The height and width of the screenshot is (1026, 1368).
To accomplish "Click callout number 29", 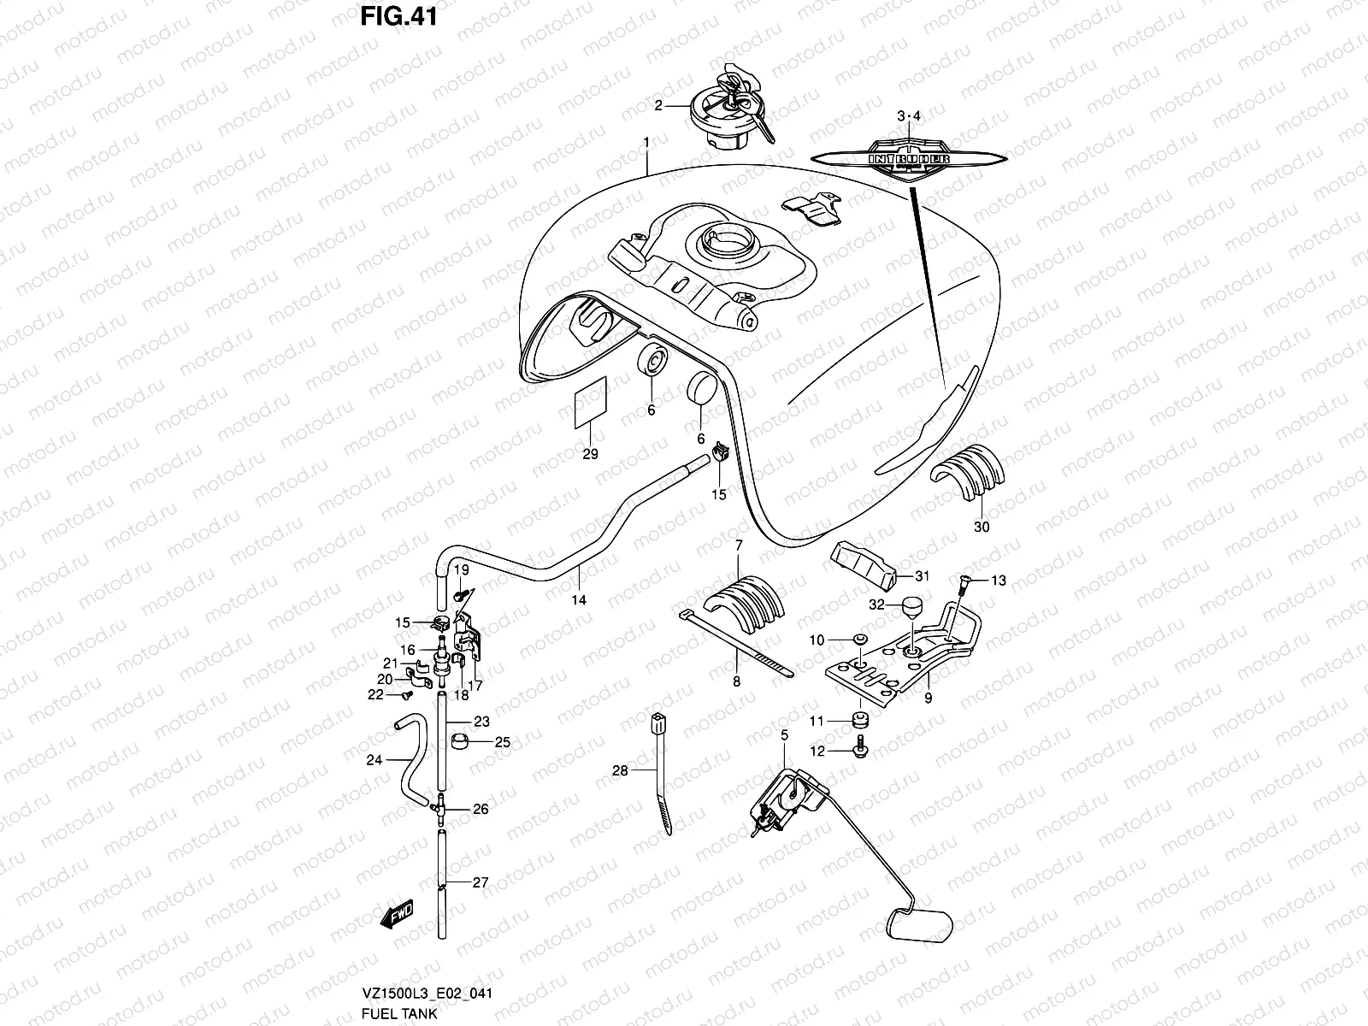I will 590,454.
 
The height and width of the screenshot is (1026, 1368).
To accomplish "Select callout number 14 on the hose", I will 579,600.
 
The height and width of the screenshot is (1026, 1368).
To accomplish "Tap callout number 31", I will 922,576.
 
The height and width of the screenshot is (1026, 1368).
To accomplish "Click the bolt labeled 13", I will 961,585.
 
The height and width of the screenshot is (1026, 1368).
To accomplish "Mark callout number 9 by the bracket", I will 928,698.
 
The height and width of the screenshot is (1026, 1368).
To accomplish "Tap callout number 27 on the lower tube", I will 481,882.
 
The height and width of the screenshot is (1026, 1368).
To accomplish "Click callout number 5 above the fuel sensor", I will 783,734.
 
